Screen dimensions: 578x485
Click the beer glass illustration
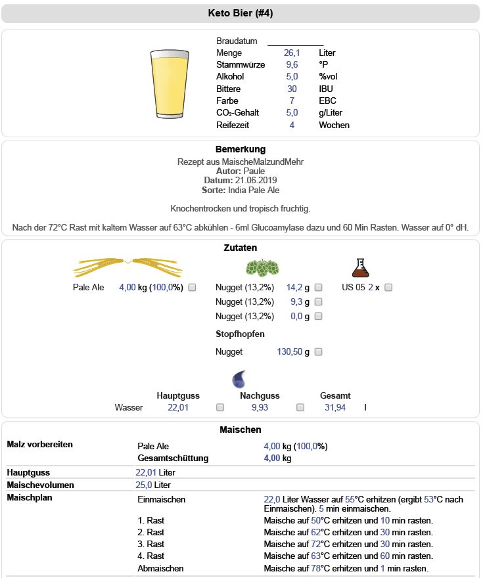[x=170, y=83]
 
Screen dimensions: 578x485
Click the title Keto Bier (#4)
[x=242, y=13]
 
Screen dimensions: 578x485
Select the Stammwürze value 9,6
[x=292, y=65]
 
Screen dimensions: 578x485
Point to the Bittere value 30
[x=292, y=89]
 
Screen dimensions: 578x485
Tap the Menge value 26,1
[x=292, y=53]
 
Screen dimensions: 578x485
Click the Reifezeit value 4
[x=292, y=125]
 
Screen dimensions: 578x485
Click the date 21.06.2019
[x=254, y=180]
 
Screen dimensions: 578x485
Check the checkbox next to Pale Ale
[x=192, y=288]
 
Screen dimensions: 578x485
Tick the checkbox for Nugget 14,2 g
[x=318, y=288]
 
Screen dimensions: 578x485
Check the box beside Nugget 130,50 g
[x=318, y=352]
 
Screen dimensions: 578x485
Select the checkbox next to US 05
[x=388, y=288]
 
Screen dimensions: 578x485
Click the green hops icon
[x=262, y=268]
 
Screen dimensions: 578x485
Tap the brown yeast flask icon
[x=359, y=267]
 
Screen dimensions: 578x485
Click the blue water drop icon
[x=239, y=379]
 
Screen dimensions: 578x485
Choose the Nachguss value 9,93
[x=260, y=407]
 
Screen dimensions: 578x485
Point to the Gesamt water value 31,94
[x=335, y=407]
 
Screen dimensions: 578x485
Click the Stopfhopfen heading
[x=240, y=334]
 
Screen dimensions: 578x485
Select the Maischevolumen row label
[x=40, y=485]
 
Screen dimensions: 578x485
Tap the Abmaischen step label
[x=160, y=568]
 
